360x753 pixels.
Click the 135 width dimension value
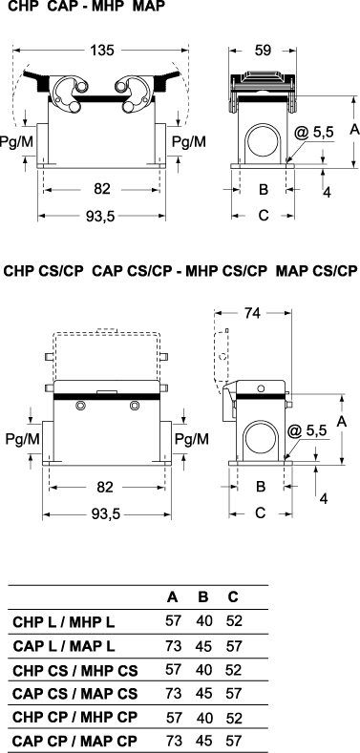click(x=101, y=50)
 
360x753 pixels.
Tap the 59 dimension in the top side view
click(x=263, y=50)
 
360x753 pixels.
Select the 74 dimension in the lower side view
click(x=252, y=313)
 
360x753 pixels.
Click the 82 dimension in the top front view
click(x=102, y=189)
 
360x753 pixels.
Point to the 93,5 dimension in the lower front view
click(x=106, y=514)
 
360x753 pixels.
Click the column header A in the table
click(x=173, y=596)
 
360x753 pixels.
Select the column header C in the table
click(x=233, y=596)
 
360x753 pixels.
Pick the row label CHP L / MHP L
click(x=64, y=622)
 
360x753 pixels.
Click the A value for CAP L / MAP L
click(x=173, y=646)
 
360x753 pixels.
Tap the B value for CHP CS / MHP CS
click(x=203, y=670)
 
